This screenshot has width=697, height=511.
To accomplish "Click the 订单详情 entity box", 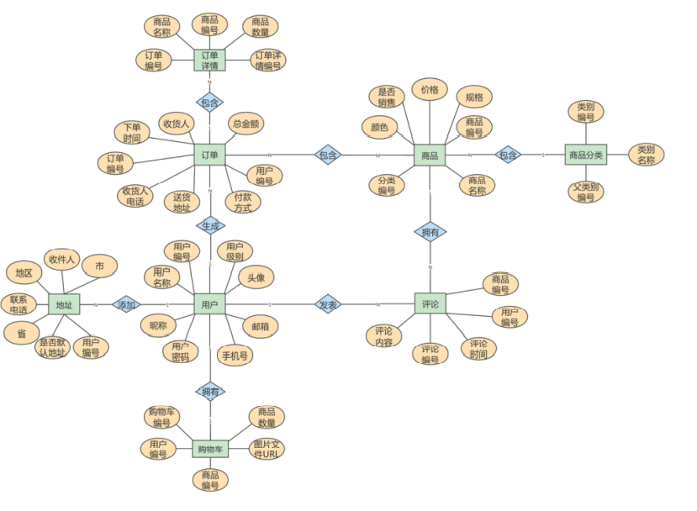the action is [209, 60].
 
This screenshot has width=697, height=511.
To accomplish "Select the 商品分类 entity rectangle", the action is [585, 155].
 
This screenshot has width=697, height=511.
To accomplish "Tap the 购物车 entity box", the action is [209, 450].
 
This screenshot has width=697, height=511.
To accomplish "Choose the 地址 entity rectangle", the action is [64, 304].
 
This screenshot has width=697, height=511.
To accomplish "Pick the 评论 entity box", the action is [430, 304].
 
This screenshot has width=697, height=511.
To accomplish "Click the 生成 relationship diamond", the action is [209, 225].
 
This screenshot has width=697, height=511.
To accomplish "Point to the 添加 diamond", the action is [126, 304].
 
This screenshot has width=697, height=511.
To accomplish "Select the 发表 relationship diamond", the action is [327, 304].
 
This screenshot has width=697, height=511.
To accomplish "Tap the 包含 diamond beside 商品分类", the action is [508, 155].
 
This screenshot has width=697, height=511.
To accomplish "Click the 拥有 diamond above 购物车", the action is [209, 391].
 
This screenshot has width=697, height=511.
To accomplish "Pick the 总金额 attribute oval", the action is [246, 124].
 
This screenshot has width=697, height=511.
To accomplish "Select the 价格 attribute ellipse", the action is [429, 90].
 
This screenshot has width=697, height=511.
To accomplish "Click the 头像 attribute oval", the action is [256, 277].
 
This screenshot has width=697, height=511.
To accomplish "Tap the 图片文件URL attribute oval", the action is [268, 450].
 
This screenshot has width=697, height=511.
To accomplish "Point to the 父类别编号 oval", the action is [585, 192].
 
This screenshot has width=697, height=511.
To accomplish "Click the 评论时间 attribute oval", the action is [478, 349].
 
